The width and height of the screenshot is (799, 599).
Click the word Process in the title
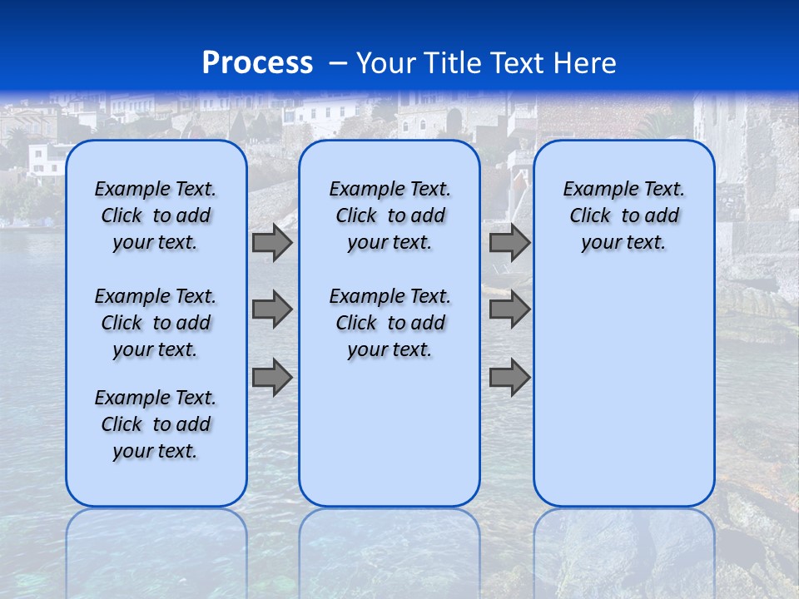coord(257,63)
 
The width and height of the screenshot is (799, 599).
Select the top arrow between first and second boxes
coord(272,243)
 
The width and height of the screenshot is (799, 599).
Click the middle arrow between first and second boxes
coord(272,309)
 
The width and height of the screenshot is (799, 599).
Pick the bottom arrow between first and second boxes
coord(272,377)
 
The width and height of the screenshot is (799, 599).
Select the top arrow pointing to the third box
coord(509,243)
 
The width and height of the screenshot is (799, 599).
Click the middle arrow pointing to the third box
coord(509,309)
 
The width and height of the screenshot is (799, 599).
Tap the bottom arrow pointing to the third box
coord(509,377)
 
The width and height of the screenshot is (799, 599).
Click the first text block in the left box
coord(156,215)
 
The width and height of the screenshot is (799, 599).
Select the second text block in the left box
coord(156,323)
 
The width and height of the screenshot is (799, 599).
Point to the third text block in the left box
coord(156,424)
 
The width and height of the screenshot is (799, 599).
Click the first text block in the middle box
coord(390,215)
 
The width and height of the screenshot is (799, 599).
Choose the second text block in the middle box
coord(390,323)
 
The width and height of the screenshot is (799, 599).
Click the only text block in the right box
coord(623,215)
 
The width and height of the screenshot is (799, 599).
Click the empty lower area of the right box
coord(623,391)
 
